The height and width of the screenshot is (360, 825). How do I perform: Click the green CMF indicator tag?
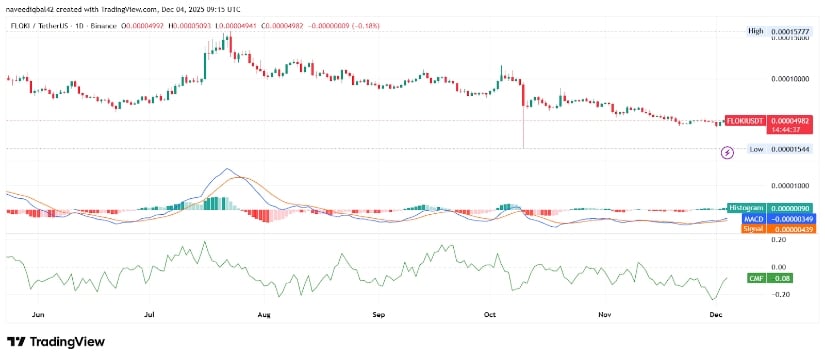pos(756,277)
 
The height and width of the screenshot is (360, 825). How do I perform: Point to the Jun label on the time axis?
pos(39,313)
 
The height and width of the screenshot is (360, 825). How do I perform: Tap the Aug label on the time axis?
pos(264,313)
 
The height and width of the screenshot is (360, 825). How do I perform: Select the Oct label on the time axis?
pos(490,313)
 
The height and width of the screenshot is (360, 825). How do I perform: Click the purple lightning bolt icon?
pos(727,152)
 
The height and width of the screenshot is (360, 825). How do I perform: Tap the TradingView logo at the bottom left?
pos(58,342)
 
